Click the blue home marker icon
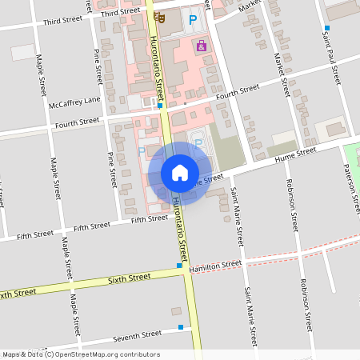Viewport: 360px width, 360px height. [x=179, y=173]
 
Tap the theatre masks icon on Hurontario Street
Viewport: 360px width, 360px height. [x=160, y=16]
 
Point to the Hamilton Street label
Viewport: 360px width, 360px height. [x=215, y=266]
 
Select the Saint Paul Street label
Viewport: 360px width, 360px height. [x=331, y=64]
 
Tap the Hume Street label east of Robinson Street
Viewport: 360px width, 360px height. [x=296, y=154]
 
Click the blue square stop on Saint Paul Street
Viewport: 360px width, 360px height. [x=326, y=29]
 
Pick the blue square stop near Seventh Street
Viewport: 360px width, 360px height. [x=181, y=327]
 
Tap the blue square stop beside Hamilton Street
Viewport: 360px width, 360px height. [x=179, y=266]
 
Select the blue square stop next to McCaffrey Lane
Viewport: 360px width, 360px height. [x=160, y=105]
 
